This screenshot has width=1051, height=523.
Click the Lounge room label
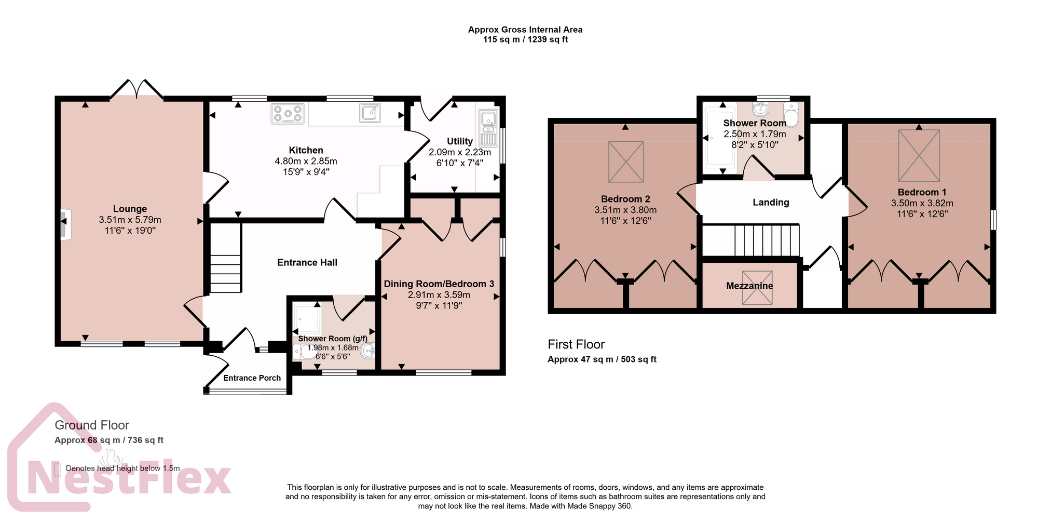click(x=130, y=209)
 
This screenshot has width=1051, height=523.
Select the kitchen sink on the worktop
click(x=370, y=113)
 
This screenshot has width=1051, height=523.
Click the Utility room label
click(x=459, y=141)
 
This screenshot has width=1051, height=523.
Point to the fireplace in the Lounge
click(x=65, y=225)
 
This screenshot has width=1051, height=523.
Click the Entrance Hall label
click(x=307, y=263)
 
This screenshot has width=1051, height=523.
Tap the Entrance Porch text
click(x=252, y=378)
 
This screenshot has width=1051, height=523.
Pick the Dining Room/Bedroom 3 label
click(x=439, y=284)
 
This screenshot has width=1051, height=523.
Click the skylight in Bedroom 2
click(x=626, y=162)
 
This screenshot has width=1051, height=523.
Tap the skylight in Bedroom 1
click(x=919, y=155)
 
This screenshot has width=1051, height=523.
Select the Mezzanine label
click(x=749, y=286)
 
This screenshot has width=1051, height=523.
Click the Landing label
click(x=771, y=203)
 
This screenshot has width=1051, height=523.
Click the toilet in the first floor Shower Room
click(x=791, y=114)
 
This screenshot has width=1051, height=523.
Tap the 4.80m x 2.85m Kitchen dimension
click(x=306, y=162)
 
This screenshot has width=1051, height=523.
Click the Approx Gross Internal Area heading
click(x=525, y=30)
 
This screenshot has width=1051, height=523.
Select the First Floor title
click(x=576, y=344)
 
